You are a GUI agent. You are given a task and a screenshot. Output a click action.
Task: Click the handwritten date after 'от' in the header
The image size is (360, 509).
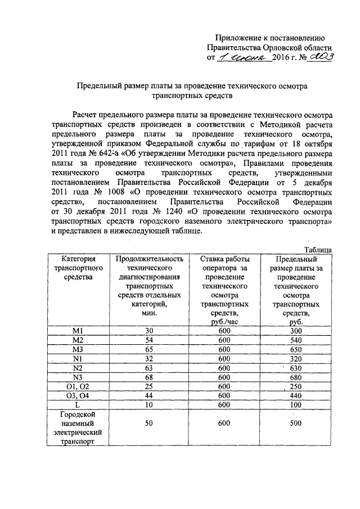click(245, 58)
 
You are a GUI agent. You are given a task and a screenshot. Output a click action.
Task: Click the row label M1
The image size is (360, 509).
click(78, 331)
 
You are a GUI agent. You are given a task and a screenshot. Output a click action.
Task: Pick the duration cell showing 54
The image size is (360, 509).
click(149, 340)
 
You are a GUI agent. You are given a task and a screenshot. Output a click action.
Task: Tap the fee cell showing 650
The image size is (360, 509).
click(292, 350)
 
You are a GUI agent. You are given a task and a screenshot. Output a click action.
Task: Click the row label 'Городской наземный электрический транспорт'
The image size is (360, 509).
click(78, 428)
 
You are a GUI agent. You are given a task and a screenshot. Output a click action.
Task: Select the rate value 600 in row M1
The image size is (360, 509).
click(224, 331)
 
